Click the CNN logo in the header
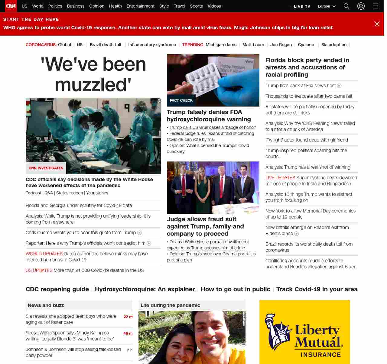tap(11, 6)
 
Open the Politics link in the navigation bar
tap(55, 6)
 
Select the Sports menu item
tap(196, 6)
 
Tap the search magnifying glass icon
tap(346, 6)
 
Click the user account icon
tap(361, 6)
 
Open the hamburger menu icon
tap(376, 6)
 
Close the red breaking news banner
tap(377, 24)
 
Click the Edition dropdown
tap(327, 6)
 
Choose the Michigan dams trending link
tap(221, 45)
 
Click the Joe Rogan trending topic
tap(281, 45)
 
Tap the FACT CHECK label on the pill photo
tap(181, 101)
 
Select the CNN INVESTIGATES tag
tap(46, 168)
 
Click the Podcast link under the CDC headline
tap(33, 193)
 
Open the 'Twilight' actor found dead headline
tap(307, 140)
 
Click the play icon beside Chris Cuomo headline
tap(139, 233)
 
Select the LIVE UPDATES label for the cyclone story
tap(280, 178)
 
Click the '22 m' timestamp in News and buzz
tap(128, 317)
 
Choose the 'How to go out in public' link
tap(236, 289)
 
